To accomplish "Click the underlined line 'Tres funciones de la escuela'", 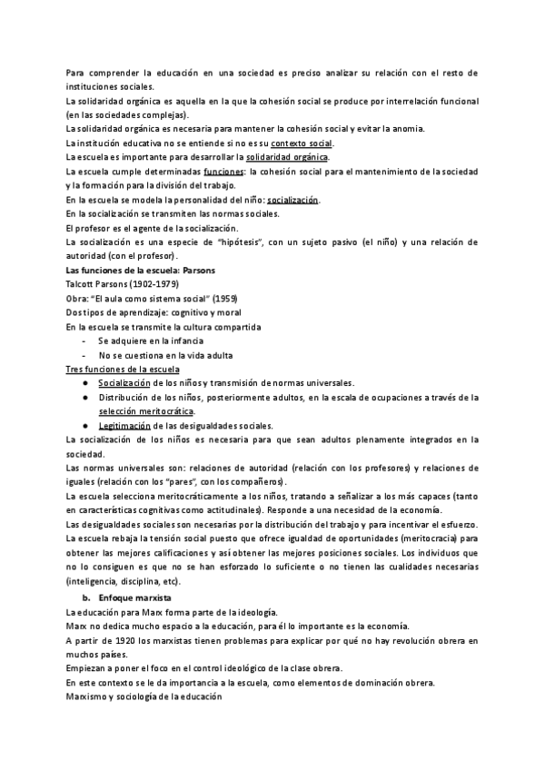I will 123,369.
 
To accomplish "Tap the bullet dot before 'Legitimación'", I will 84,425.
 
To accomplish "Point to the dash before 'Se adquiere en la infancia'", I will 84,341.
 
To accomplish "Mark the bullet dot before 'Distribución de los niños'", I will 84,397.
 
